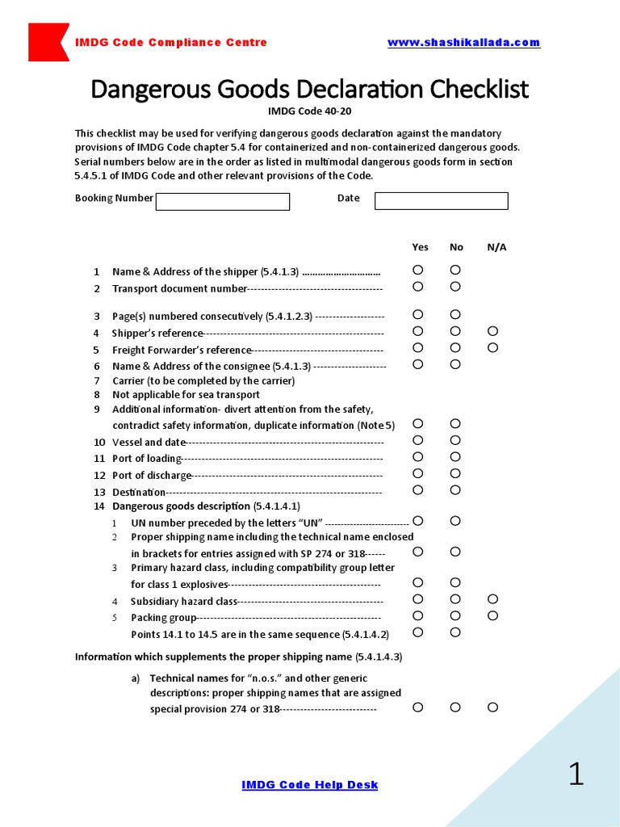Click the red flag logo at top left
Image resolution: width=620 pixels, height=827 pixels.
pos(47,42)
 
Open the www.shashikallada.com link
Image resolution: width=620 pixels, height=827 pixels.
pos(463,43)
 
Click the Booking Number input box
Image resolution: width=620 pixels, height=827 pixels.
pos(222,201)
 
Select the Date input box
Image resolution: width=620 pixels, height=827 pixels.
pos(441,201)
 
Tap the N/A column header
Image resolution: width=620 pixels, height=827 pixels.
pos(496,247)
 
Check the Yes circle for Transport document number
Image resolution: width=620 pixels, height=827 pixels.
pos(418,287)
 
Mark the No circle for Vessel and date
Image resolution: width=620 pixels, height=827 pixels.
pos(455,440)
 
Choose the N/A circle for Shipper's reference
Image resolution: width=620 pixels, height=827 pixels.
pos(493,331)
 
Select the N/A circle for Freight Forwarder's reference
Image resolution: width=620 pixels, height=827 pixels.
pos(493,348)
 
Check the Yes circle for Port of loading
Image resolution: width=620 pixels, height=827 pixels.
pos(418,457)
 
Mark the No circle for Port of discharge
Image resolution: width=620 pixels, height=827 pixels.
pos(455,474)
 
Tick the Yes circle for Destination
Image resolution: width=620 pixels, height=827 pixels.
pos(418,490)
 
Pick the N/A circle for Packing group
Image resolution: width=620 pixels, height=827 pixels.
pos(493,616)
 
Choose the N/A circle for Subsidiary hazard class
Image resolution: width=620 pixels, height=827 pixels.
pos(493,599)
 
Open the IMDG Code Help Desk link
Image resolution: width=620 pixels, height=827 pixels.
pos(310,785)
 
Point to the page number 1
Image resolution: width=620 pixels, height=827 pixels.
pos(576,775)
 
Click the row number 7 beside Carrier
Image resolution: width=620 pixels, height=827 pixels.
pos(97,380)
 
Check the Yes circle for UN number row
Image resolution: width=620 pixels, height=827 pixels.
pos(418,521)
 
